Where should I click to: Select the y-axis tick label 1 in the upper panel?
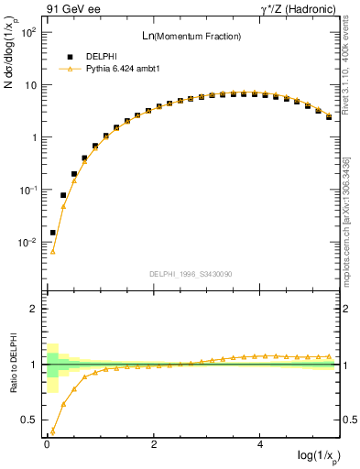point(32,137)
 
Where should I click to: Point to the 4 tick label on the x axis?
point(261,442)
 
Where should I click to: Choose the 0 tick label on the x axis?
point(47,442)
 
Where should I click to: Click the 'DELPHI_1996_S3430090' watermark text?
point(191,274)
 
